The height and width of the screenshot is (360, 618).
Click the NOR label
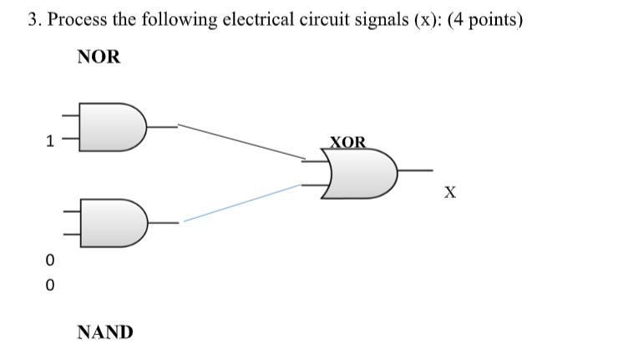[x=99, y=57]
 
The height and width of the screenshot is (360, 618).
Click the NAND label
[x=104, y=332]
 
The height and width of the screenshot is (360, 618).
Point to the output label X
[x=450, y=194]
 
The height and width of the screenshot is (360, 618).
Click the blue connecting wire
[x=242, y=203]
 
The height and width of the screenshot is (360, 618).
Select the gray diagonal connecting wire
[x=242, y=141]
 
